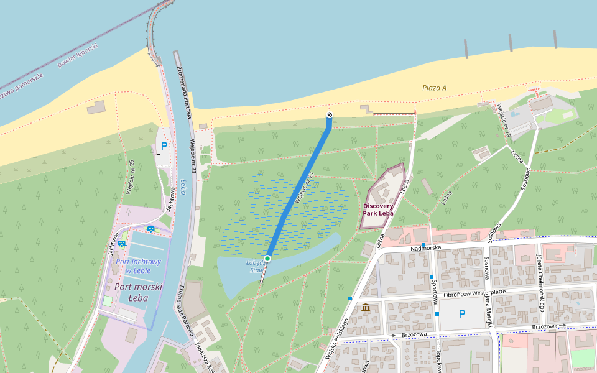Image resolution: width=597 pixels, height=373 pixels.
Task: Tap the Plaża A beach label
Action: pos(434,88)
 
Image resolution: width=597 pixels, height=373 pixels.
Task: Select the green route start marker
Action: pos(267,258)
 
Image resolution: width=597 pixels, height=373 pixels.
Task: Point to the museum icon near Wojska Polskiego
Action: pos(365,307)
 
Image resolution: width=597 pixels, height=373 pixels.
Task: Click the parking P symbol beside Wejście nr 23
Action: pos(164,146)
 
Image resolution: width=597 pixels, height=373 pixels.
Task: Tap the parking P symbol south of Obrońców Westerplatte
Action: pos(461,314)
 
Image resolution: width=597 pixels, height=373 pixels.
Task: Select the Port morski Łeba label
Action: pos(138,292)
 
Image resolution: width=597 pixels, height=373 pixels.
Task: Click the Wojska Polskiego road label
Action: pos(336,341)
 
